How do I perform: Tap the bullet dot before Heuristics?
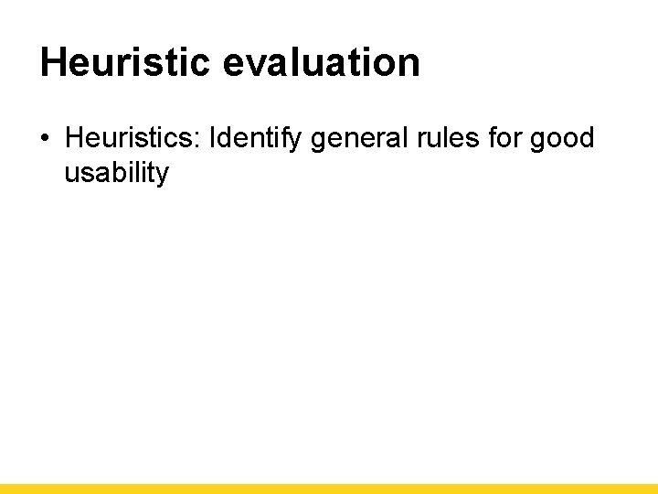(45, 140)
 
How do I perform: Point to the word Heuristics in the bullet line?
(131, 138)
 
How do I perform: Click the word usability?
(116, 173)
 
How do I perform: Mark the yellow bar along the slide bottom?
(329, 489)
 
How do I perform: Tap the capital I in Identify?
(213, 138)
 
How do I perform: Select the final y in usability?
(162, 176)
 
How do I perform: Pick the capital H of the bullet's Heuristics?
(73, 138)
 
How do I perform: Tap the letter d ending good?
(587, 138)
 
